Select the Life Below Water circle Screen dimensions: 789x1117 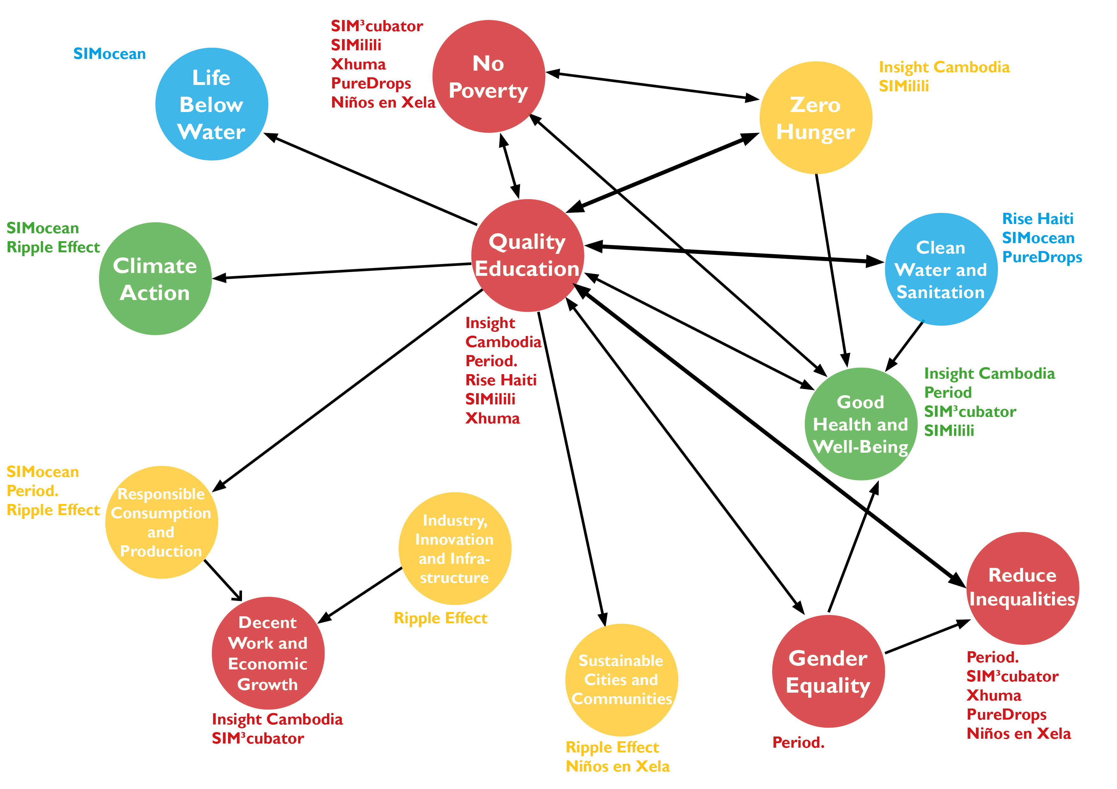tap(212, 104)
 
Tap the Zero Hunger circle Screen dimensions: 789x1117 tap(815, 118)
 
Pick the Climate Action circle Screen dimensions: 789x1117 tap(155, 279)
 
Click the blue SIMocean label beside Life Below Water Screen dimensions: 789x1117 tap(110, 53)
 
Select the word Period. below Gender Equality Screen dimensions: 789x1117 tap(798, 742)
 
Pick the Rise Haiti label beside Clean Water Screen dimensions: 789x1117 tap(1038, 219)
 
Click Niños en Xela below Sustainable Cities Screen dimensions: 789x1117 tap(617, 766)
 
